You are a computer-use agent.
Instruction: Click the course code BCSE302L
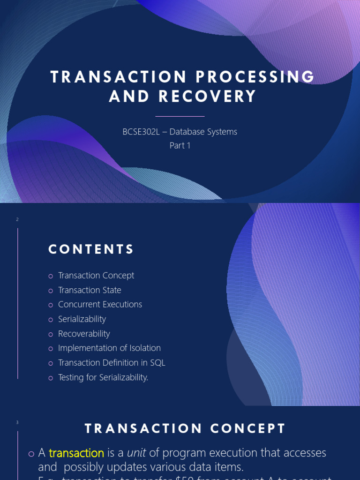pos(141,132)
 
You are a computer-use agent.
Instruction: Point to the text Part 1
pos(180,145)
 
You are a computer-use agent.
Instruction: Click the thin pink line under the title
pos(180,116)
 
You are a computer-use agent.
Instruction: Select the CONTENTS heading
pos(91,249)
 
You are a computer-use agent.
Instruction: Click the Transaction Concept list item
pos(96,276)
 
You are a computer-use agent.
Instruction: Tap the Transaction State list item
pos(90,290)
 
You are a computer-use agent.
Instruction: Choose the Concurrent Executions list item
pos(100,305)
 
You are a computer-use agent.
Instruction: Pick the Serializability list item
pos(82,319)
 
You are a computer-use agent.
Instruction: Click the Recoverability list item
pos(84,334)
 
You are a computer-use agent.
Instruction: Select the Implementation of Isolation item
pos(109,348)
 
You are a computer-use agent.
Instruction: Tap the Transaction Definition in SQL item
pos(112,363)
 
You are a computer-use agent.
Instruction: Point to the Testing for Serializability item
pos(103,377)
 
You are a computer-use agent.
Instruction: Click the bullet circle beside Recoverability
pos(51,334)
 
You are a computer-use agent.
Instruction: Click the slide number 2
pos(17,219)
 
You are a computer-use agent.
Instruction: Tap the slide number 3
pos(17,423)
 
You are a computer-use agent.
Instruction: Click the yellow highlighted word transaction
pos(76,453)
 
